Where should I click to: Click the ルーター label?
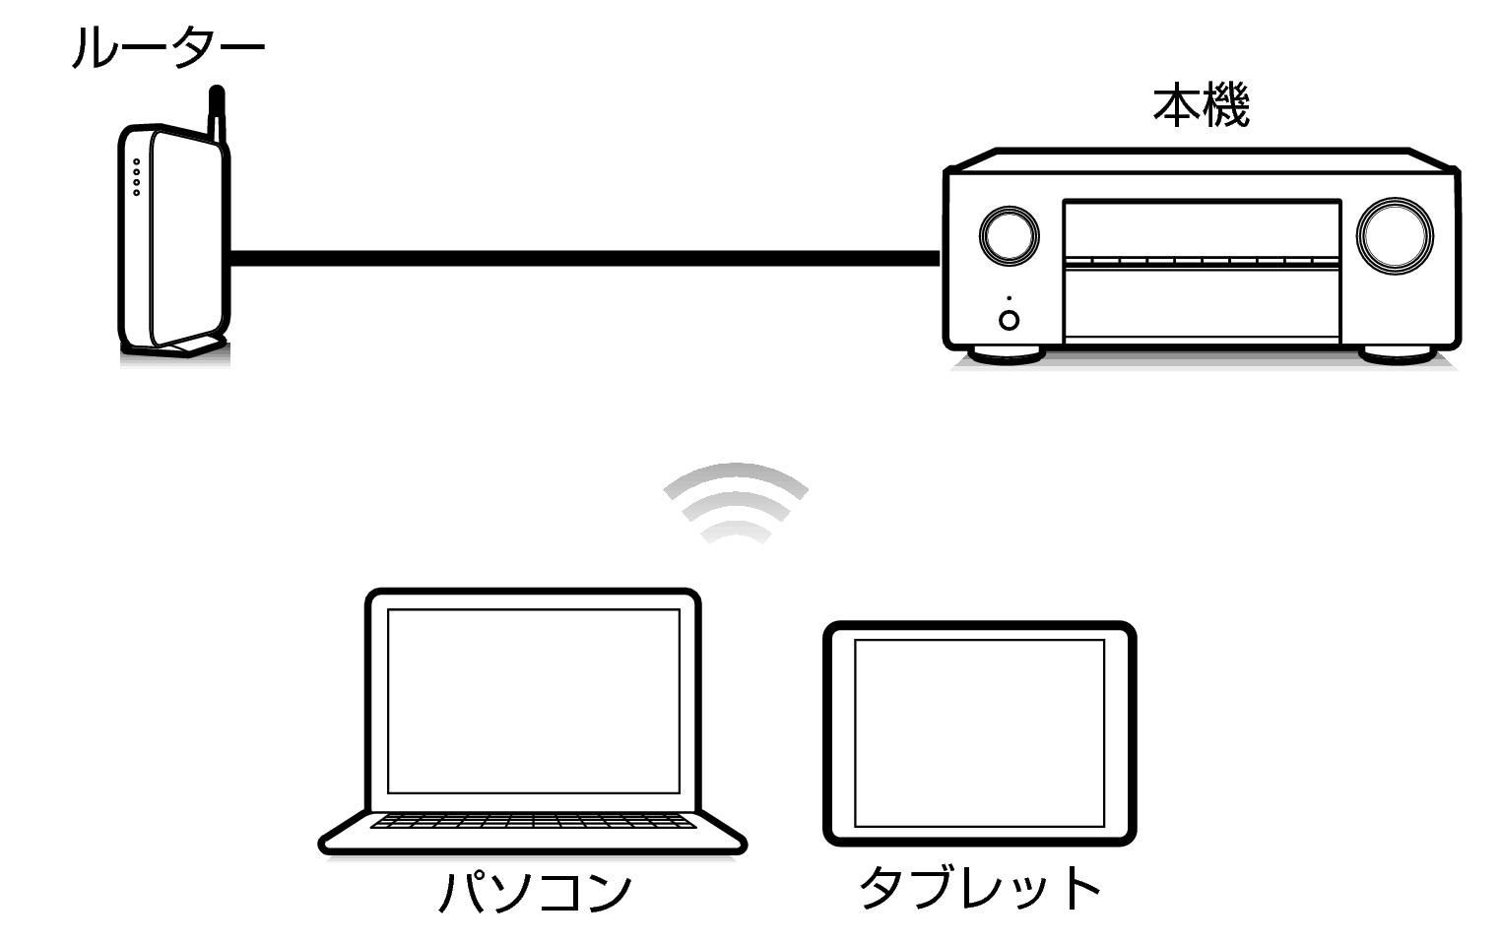[x=168, y=47]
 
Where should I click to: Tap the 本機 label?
[x=1201, y=105]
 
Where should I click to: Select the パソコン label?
[x=535, y=892]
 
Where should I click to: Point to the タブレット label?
[x=980, y=887]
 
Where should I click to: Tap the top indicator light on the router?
[x=137, y=162]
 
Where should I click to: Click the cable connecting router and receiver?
[x=585, y=259]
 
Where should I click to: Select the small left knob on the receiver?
[x=1010, y=235]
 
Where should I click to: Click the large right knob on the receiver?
[x=1396, y=235]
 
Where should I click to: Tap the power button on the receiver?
[x=1010, y=320]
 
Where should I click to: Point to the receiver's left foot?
[x=1007, y=354]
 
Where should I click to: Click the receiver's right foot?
[x=1398, y=354]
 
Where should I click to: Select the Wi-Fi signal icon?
[x=736, y=503]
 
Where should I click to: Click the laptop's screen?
[x=534, y=701]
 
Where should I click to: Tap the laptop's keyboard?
[x=533, y=821]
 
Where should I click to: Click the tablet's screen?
[x=979, y=733]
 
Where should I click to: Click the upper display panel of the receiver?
[x=1202, y=228]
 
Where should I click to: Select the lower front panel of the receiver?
[x=1202, y=305]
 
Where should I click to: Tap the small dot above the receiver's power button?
[x=1010, y=298]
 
